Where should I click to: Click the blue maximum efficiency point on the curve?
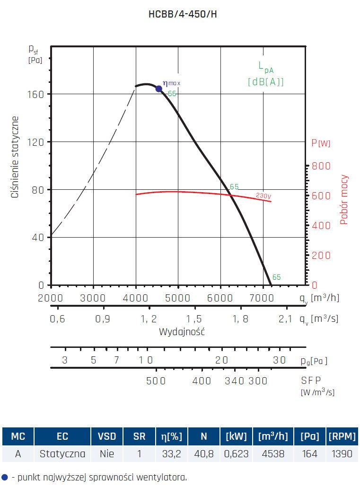159,89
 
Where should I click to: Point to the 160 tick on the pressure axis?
37,94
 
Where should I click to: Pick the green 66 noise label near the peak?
172,94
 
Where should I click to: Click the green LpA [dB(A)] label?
266,74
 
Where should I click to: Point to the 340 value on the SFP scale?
234,381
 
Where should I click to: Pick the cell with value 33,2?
172,454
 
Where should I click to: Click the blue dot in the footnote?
5,477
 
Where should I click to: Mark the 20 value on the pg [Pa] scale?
222,360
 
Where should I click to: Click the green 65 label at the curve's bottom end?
277,277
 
